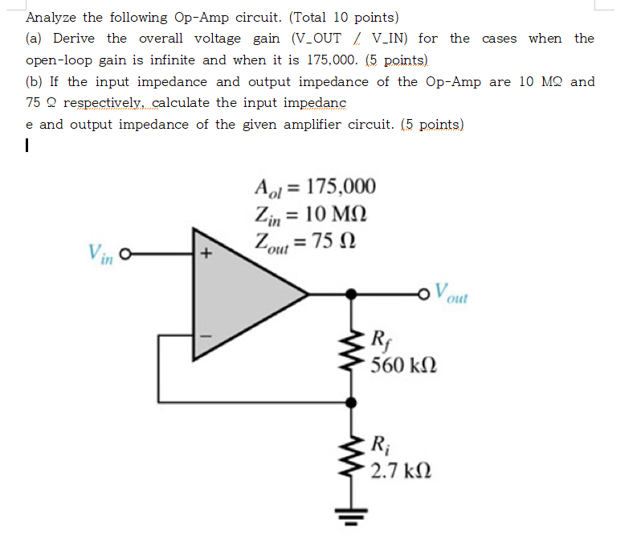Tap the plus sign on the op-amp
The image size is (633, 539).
(x=206, y=255)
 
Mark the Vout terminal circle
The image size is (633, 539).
(x=426, y=294)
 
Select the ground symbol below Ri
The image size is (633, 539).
(x=350, y=515)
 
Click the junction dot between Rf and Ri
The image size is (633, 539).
(x=350, y=400)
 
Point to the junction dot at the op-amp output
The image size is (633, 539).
(x=350, y=294)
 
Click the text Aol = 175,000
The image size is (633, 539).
(x=314, y=187)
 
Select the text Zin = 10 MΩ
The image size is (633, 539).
(x=310, y=214)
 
